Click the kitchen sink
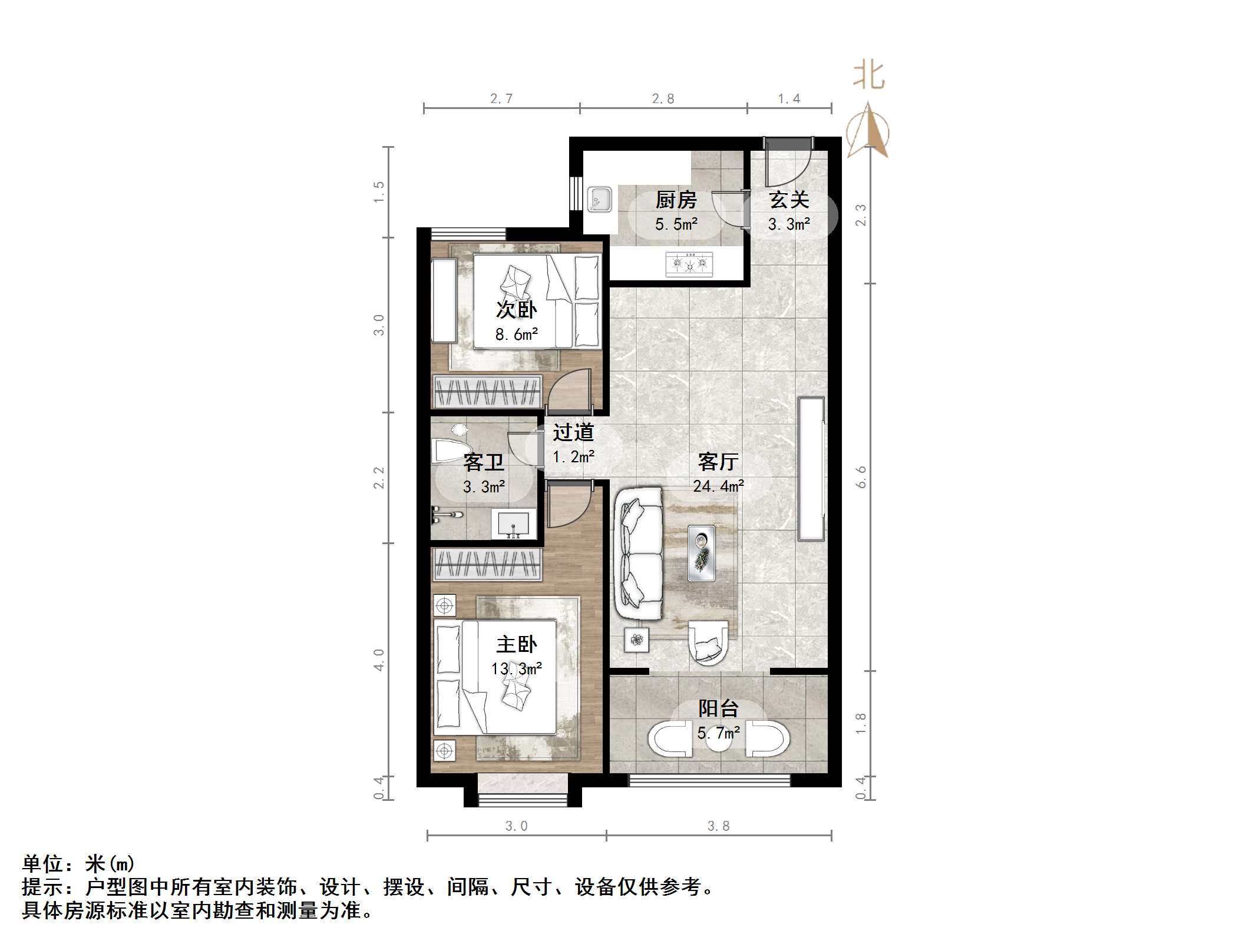(600, 199)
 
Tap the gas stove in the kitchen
(689, 264)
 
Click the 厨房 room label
(676, 200)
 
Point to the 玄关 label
(789, 200)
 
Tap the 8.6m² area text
(516, 334)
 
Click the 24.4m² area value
(718, 486)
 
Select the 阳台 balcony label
(718, 708)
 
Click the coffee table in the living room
(702, 553)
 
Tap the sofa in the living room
(639, 554)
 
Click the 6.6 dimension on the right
(861, 477)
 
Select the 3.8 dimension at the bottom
(718, 826)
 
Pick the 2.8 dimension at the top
(663, 99)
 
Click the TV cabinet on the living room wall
(811, 469)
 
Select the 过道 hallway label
(573, 433)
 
